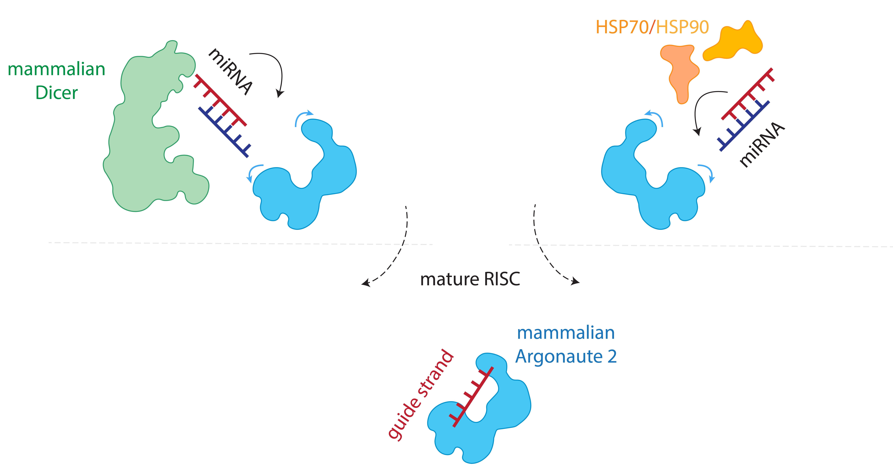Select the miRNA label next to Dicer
point(230,72)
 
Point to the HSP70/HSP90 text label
point(652,27)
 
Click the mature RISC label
point(470,279)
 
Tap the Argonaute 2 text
point(566,356)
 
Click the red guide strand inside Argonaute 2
point(471,397)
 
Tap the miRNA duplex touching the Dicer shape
point(222,116)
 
